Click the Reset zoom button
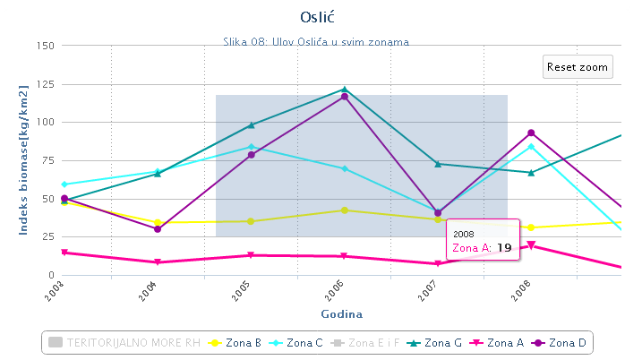(x=578, y=67)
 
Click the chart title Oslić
(x=321, y=17)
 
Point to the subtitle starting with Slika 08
(x=321, y=41)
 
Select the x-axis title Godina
(x=340, y=314)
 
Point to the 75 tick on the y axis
(x=47, y=160)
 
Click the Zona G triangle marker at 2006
(x=345, y=90)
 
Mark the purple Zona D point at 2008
(x=531, y=133)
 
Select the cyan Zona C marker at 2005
(x=252, y=147)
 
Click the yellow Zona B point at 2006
(x=345, y=210)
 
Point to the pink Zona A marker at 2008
(x=531, y=245)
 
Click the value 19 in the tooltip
(x=504, y=247)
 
